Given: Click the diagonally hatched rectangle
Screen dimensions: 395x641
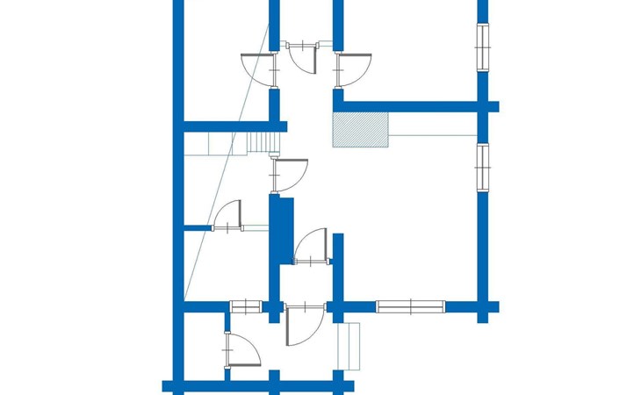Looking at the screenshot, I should click(x=360, y=129).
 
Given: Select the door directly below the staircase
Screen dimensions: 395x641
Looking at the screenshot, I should click(x=291, y=174).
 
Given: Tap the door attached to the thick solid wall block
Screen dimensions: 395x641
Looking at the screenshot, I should click(x=311, y=245).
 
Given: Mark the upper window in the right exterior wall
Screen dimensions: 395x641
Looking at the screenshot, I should click(x=482, y=46).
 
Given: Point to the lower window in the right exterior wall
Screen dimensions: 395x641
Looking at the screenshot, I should click(x=482, y=167).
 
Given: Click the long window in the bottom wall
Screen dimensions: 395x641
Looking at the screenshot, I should click(x=411, y=306).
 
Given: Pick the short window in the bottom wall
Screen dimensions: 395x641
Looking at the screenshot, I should click(x=246, y=306).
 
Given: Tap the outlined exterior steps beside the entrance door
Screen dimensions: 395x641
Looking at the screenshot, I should click(x=352, y=345).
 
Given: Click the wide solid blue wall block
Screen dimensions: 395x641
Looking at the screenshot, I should click(x=281, y=230).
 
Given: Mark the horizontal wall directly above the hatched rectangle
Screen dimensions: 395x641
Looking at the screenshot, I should click(x=413, y=106).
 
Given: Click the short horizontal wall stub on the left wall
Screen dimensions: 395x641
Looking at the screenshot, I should click(x=198, y=228).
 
